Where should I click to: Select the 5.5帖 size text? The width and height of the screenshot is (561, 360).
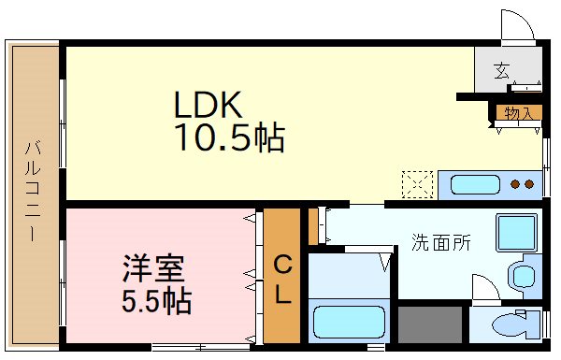click(156, 301)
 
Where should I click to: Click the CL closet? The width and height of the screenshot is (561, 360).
click(281, 280)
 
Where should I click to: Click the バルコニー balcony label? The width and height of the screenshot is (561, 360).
click(32, 191)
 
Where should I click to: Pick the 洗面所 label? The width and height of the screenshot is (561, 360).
click(441, 242)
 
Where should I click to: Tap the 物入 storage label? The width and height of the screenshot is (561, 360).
click(517, 114)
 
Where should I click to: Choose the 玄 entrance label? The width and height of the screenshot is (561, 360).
click(502, 69)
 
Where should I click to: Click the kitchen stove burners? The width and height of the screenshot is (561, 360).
click(525, 183)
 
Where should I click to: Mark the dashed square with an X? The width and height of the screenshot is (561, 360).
click(417, 184)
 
